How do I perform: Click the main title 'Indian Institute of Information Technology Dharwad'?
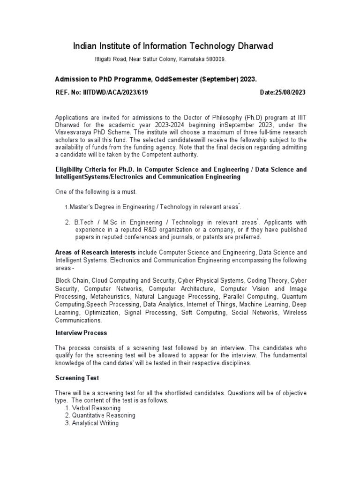[x=173, y=46]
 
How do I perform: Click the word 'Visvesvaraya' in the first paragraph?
[x=72, y=133]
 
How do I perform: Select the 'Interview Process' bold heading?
[x=81, y=333]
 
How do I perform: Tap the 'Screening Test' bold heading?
[x=77, y=378]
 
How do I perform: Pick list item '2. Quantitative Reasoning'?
[x=100, y=415]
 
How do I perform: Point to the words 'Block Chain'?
[x=70, y=281]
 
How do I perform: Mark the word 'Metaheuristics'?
[x=109, y=297]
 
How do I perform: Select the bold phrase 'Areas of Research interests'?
[x=96, y=252]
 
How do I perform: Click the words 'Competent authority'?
[x=170, y=155]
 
